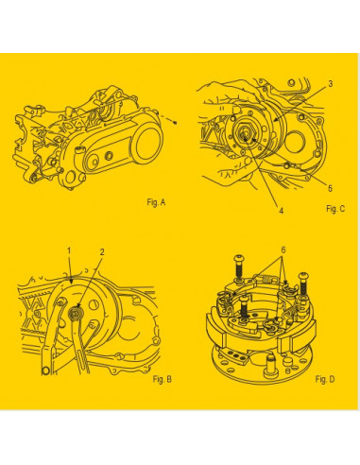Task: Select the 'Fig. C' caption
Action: [334, 206]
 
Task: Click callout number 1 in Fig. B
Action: [69, 250]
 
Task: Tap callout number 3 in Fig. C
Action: [330, 84]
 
